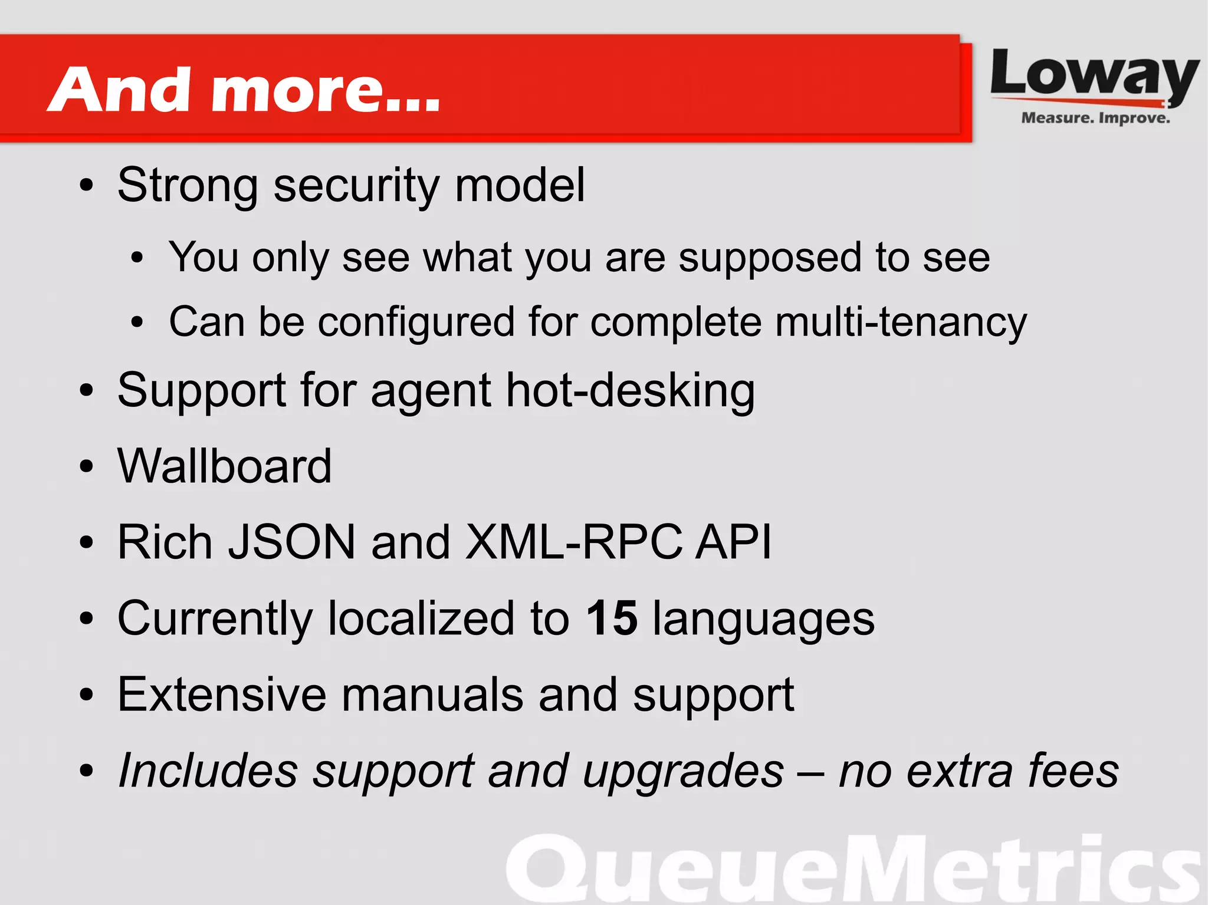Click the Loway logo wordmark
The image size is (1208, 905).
pyautogui.click(x=1094, y=75)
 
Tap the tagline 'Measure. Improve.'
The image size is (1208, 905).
pyautogui.click(x=1095, y=118)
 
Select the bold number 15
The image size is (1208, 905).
pyautogui.click(x=612, y=618)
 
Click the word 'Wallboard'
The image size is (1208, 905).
pyautogui.click(x=225, y=466)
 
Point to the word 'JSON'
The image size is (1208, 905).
pyautogui.click(x=292, y=542)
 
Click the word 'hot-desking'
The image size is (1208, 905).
pyautogui.click(x=631, y=390)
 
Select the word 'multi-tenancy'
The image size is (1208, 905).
pyautogui.click(x=901, y=322)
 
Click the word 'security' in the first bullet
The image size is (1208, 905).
pyautogui.click(x=356, y=185)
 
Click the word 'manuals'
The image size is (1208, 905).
pyautogui.click(x=432, y=695)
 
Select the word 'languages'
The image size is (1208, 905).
pyautogui.click(x=763, y=619)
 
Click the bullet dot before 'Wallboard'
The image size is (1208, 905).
pyautogui.click(x=87, y=467)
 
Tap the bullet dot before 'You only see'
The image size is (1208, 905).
pyautogui.click(x=137, y=258)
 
